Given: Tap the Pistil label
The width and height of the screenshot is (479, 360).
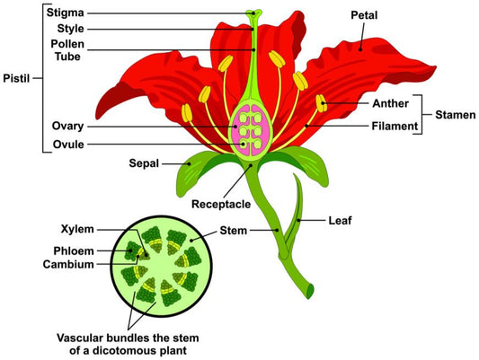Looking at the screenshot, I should (x=16, y=77).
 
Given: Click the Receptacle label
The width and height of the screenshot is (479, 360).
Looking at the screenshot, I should (x=221, y=205).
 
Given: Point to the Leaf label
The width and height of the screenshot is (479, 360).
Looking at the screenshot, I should (x=340, y=218).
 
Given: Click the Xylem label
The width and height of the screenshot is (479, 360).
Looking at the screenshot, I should (x=77, y=229).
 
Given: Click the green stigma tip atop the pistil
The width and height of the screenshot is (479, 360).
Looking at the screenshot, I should (x=253, y=15).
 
